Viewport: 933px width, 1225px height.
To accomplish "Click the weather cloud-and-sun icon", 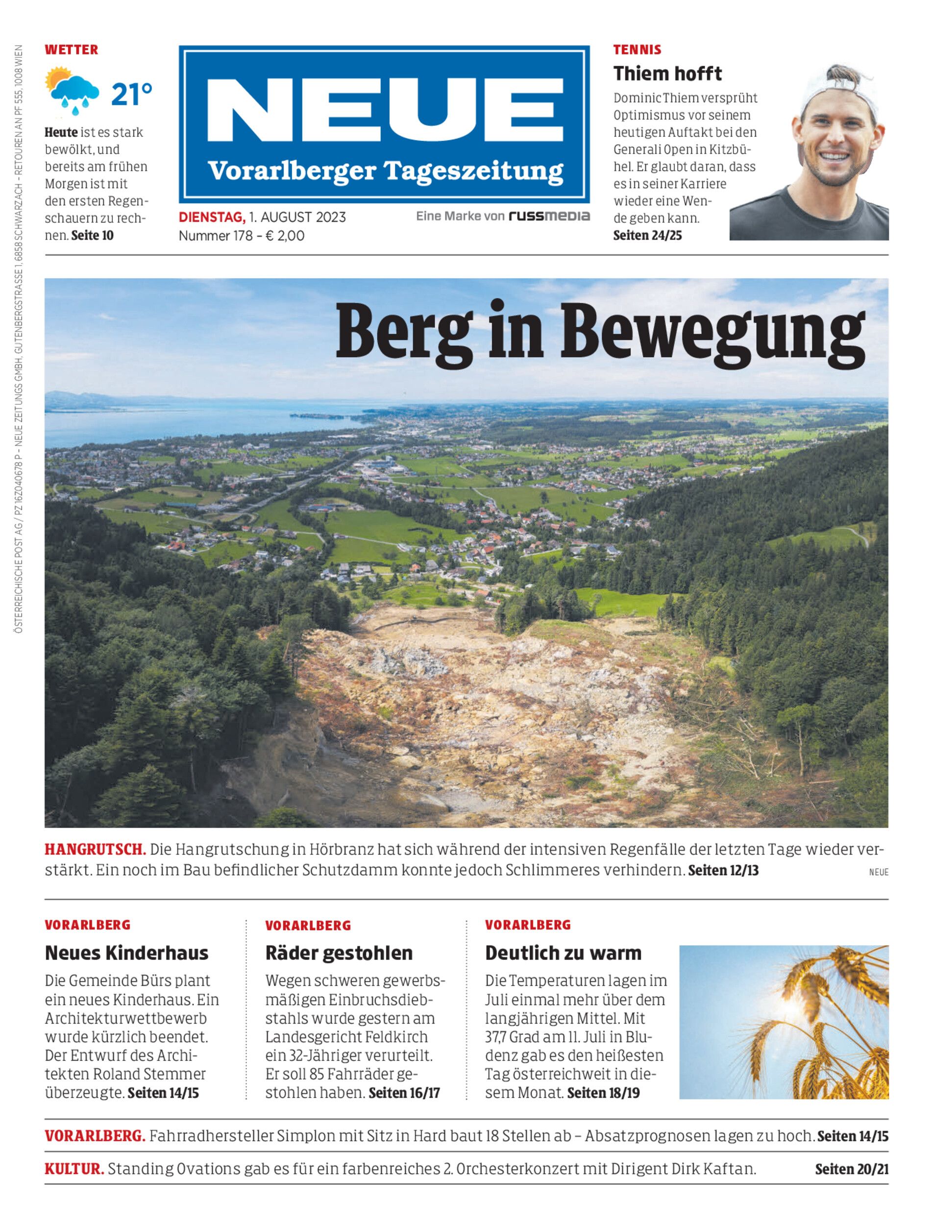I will point(72,92).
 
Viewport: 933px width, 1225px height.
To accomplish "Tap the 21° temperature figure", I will point(132,95).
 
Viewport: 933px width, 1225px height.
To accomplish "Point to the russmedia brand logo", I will point(549,216).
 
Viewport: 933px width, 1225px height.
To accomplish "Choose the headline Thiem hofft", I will point(667,73).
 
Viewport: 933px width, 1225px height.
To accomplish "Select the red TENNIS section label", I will point(637,50).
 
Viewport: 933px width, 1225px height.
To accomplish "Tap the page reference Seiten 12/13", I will point(723,870).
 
